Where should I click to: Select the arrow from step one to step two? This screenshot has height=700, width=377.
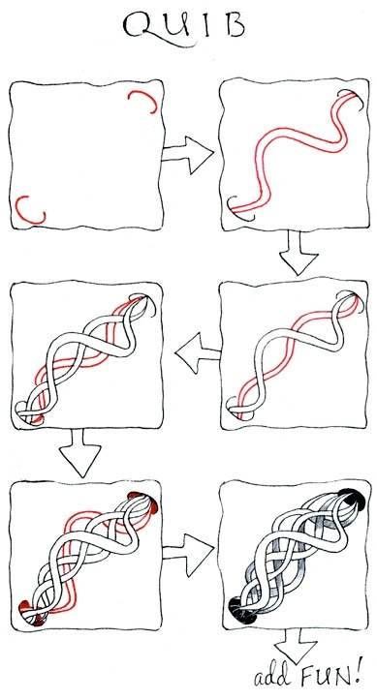pos(188,155)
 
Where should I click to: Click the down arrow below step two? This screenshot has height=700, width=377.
pos(298,253)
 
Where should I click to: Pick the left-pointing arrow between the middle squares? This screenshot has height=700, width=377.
pos(198,352)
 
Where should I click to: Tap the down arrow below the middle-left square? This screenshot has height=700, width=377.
pos(80,453)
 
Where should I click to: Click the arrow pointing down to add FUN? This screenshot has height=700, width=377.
pos(296,647)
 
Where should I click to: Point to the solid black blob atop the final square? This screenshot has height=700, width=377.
pos(353,499)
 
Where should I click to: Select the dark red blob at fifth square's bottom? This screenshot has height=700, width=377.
pos(28,613)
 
